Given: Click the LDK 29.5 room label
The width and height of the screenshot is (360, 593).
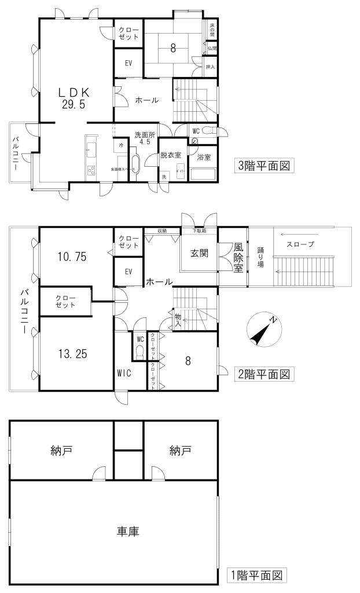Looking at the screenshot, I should (73, 98).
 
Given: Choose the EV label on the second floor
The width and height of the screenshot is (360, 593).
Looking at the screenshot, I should (128, 271).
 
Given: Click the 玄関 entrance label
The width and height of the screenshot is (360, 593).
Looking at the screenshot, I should (199, 253).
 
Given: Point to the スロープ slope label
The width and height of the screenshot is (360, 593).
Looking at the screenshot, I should (300, 244).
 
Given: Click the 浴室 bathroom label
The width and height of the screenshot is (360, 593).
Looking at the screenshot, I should (204, 156).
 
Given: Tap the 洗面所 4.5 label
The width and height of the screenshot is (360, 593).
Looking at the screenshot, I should (145, 137).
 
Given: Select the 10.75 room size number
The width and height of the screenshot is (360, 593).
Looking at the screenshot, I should (73, 257).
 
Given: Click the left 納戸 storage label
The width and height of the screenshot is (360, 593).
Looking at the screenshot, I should (61, 449).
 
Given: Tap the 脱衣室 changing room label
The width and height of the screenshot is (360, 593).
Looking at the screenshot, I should (171, 155).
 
